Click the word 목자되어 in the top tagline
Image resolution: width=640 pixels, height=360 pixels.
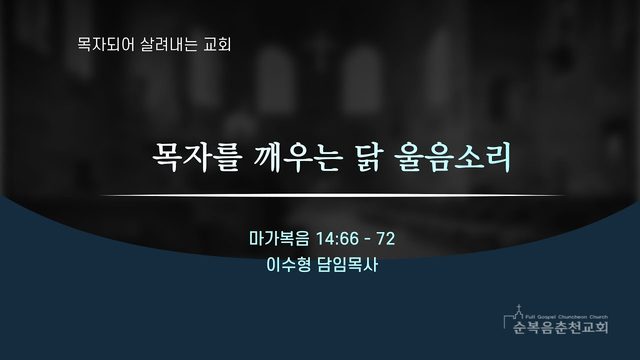pos(105,44)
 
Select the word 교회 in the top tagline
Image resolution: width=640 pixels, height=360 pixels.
pos(218,44)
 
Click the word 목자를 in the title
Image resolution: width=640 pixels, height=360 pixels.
pos(195,157)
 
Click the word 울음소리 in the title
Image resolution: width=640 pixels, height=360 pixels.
pos(453,157)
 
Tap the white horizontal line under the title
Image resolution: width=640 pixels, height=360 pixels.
pos(333,196)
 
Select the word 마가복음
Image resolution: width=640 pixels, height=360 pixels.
pos(279,239)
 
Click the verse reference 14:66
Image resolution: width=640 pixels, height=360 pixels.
pos(337,239)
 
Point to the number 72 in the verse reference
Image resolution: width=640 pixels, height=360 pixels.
pos(386,239)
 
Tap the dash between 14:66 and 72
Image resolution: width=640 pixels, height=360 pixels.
pos(368,240)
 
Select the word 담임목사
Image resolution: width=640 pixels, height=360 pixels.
pos(347,265)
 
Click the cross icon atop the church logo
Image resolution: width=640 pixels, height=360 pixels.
pos(519,307)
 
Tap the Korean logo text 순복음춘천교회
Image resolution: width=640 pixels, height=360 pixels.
pos(560,327)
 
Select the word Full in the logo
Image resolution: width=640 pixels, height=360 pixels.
pos(530,317)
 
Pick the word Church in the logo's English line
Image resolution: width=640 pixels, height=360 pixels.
pos(598,317)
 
